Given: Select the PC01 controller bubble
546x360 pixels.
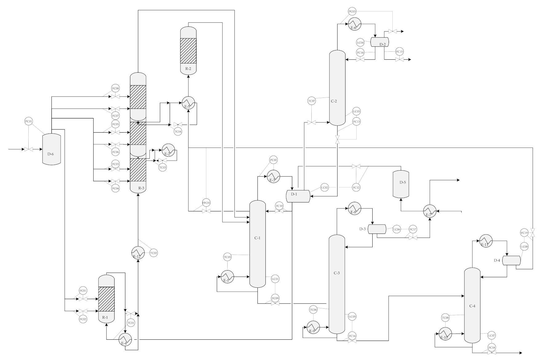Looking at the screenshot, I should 29,121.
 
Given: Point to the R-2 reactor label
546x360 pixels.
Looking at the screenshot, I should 188,69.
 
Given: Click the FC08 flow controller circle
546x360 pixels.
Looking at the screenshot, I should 115,89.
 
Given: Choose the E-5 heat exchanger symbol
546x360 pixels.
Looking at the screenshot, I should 188,103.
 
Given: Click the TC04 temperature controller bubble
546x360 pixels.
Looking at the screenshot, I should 178,132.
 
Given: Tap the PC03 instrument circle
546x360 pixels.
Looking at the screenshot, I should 352,12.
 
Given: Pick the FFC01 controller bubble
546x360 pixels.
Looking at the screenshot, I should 206,203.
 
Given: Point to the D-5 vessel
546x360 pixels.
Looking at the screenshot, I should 401,184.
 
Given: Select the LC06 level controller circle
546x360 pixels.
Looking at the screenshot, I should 397,229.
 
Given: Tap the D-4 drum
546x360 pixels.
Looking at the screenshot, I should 511,261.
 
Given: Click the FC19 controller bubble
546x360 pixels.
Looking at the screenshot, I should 524,233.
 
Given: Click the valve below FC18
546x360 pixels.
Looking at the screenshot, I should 491,353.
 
